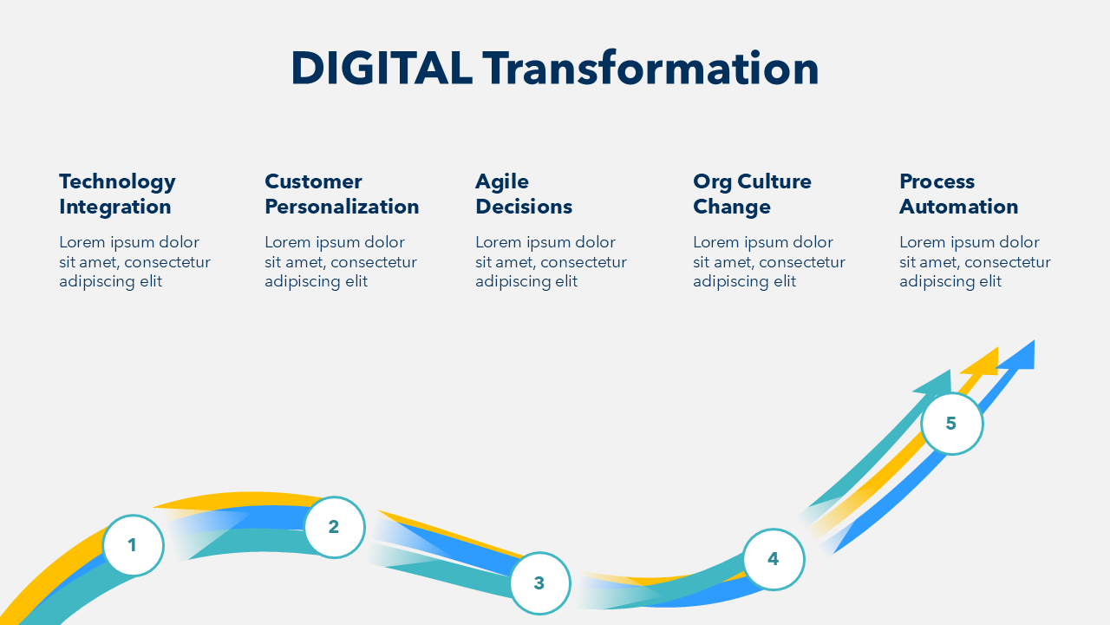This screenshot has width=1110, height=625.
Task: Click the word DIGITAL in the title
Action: click(381, 69)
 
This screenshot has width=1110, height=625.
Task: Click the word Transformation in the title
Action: click(650, 69)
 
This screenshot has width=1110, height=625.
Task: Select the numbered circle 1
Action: click(133, 545)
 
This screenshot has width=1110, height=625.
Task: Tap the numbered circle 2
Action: click(335, 527)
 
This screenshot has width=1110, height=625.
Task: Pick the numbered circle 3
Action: click(540, 583)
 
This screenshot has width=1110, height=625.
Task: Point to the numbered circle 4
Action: click(774, 560)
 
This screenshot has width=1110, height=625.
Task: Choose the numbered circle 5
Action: click(952, 424)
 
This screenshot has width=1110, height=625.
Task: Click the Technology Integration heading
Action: click(117, 194)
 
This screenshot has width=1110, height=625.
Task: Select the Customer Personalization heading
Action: click(342, 194)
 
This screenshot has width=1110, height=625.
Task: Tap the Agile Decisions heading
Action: click(524, 194)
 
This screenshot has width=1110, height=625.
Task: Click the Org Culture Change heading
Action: click(752, 194)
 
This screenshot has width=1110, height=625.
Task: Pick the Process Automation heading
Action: click(959, 194)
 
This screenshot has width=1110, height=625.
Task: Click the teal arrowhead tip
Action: click(950, 370)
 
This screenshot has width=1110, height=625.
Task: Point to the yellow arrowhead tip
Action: click(997, 348)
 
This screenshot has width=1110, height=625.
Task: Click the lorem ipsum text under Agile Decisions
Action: click(551, 262)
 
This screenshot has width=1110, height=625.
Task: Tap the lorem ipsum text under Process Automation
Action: click(976, 262)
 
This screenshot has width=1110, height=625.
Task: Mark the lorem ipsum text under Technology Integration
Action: click(134, 262)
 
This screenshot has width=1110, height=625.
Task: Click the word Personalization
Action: click(342, 207)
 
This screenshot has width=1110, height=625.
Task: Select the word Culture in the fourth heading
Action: click(774, 181)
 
